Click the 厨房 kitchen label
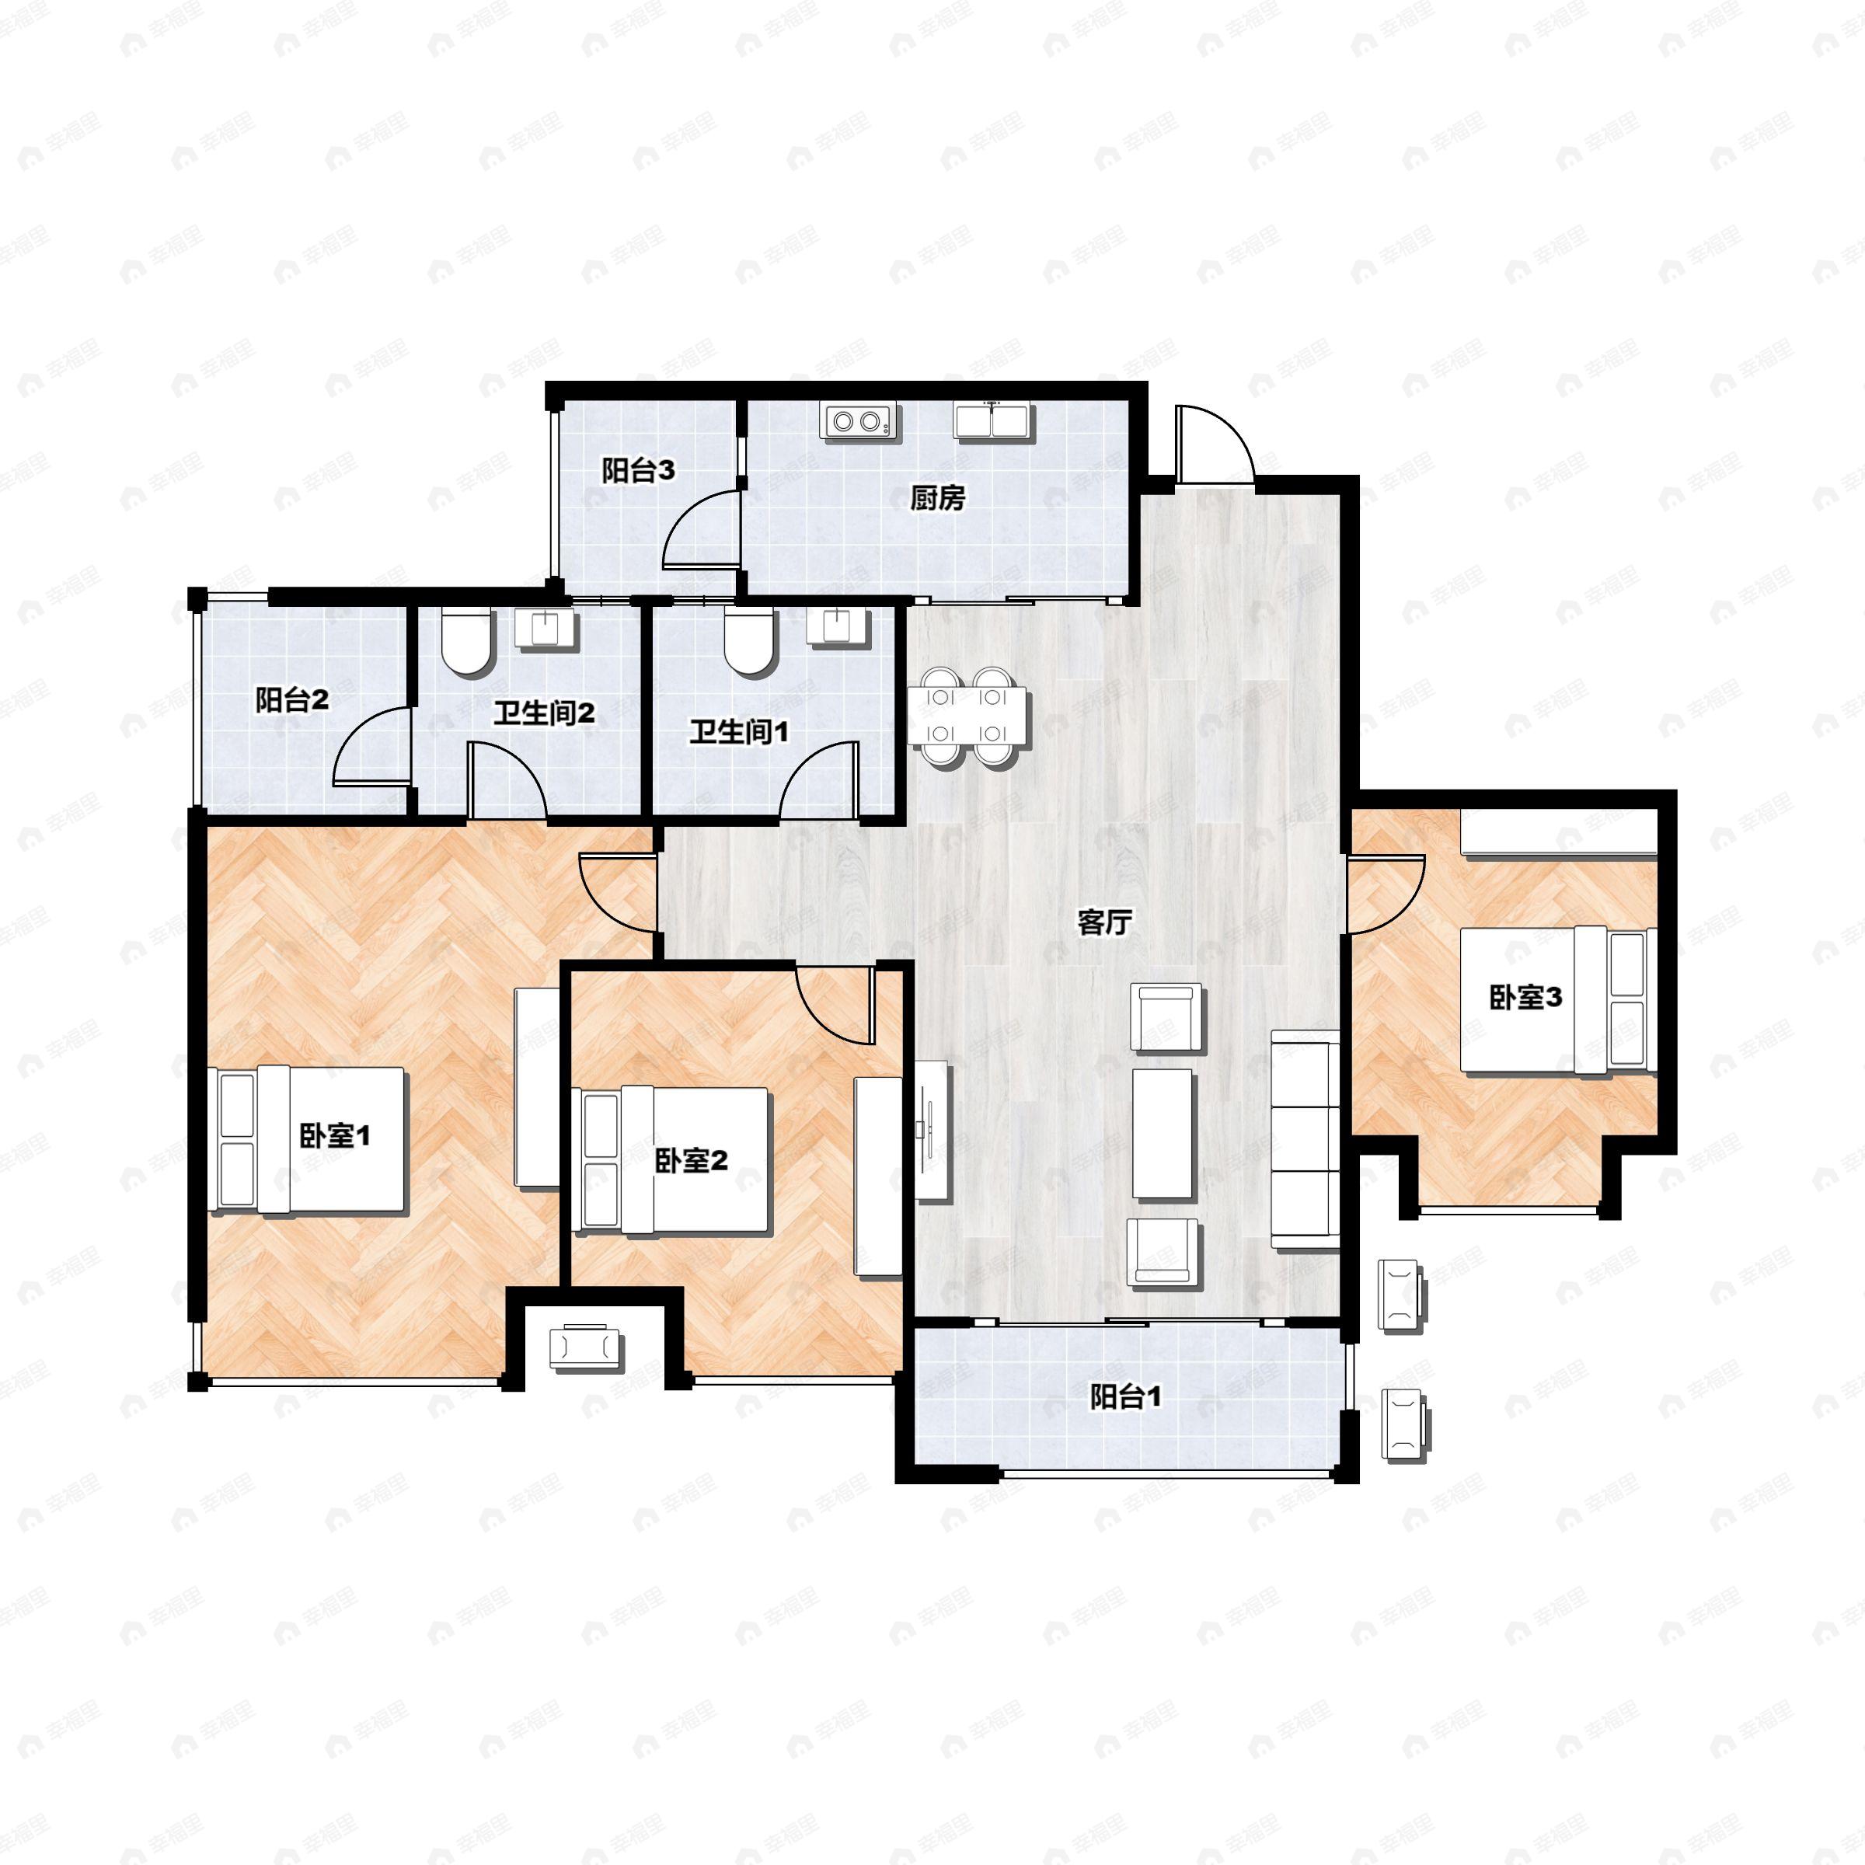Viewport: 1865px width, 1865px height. coord(937,498)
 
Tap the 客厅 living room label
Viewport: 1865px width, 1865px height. coord(1103,923)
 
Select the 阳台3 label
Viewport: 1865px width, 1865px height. coord(638,471)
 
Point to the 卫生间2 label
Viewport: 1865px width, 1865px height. coord(543,713)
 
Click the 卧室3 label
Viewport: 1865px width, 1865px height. coord(1525,997)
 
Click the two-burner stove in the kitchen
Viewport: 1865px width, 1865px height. coord(858,422)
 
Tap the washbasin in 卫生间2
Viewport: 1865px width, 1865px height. coord(547,627)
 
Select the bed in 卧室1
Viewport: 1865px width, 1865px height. coord(310,1139)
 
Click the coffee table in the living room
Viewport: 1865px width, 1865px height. coord(1163,1133)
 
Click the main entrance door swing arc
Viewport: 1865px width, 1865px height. coord(1215,444)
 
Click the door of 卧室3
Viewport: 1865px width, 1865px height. coord(1386,894)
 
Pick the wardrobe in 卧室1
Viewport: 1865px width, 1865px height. coord(537,1086)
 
